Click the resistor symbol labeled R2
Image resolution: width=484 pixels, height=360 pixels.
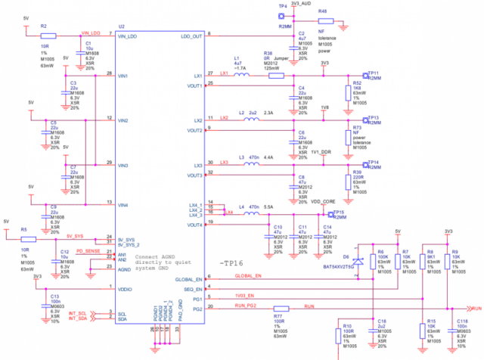(x=48, y=35)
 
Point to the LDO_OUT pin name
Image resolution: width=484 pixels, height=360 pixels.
(x=191, y=36)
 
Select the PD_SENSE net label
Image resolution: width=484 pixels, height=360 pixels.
(x=88, y=250)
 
